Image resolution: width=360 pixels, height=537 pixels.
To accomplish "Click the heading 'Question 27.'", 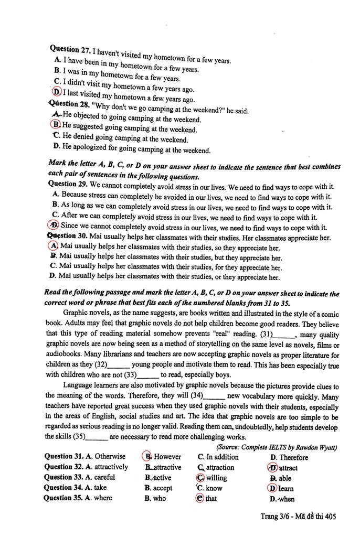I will coord(70,50).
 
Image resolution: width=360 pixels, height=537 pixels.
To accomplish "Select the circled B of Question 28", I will coord(56,125).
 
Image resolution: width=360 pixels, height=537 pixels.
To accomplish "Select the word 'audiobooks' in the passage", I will coord(66,354).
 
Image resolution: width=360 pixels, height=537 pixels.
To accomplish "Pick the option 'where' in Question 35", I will coord(103,498).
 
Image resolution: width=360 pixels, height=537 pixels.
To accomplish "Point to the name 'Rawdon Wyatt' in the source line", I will coord(316,447).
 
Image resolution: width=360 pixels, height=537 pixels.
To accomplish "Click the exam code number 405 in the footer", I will coord(330,517).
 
